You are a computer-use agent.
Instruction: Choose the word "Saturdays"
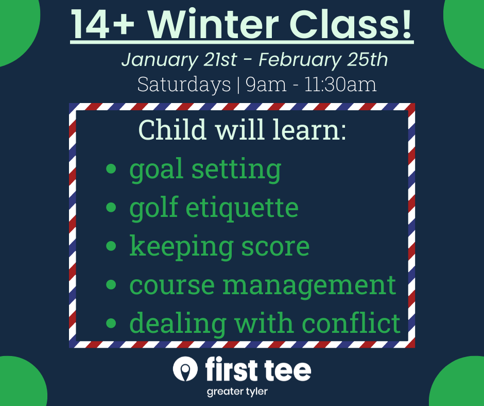click(x=184, y=84)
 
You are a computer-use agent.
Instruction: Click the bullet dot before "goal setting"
click(x=111, y=169)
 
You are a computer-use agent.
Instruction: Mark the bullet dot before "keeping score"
click(x=111, y=246)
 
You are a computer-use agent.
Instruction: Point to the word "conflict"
click(x=351, y=323)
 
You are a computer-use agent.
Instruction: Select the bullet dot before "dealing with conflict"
click(x=111, y=324)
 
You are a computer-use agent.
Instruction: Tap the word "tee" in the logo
click(x=286, y=370)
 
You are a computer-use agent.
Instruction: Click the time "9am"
click(x=266, y=84)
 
